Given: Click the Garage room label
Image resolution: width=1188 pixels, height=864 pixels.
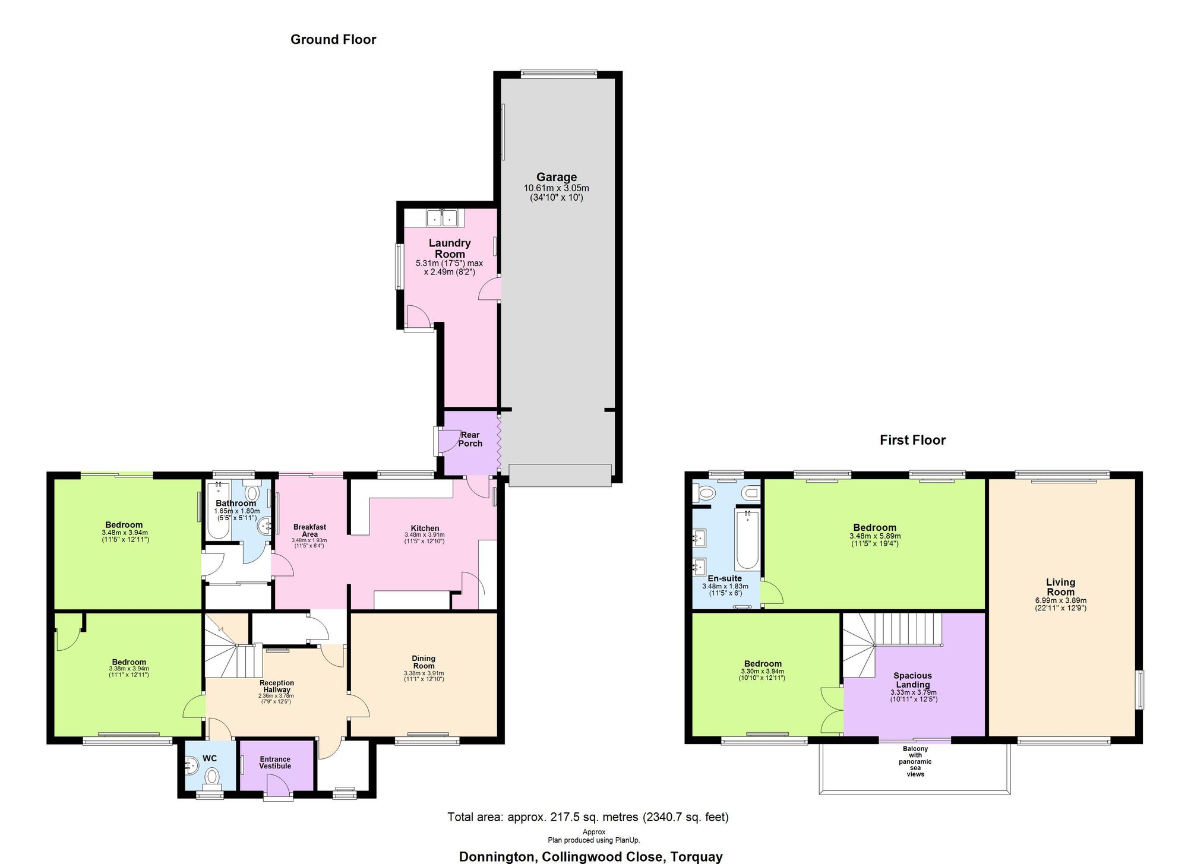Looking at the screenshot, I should pos(557,177).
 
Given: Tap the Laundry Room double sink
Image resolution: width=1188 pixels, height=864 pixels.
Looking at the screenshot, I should pos(443,219).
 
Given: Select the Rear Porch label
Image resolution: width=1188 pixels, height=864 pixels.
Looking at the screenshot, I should pos(470,439).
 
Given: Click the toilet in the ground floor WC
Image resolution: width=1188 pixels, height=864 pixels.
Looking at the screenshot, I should pos(211,776).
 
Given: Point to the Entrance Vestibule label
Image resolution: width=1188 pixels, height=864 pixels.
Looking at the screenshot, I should pos(275,762).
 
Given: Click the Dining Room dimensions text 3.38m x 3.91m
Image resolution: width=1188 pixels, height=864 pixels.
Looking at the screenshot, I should pos(424,673).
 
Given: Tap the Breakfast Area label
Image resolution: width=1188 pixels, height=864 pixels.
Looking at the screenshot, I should pos(309,530).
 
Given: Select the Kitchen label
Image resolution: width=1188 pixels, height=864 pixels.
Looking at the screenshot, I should pos(425,528).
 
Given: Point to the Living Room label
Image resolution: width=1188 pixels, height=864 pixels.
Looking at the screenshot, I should pos(1060,587).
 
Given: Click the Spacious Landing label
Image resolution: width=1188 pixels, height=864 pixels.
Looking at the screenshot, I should pos(912,680).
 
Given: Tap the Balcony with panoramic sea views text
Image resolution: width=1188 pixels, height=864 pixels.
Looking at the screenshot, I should pos(915,761).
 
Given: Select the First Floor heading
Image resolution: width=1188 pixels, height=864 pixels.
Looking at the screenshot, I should pos(912,440).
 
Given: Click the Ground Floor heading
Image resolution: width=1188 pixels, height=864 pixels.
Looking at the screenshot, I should pos(333,40).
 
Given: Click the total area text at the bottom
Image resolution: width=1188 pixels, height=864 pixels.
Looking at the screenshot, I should pos(587,817).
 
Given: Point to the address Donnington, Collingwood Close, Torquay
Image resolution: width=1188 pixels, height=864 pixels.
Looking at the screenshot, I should pos(590,856).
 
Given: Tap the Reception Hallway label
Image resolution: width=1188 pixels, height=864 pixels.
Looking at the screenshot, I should pos(276,686).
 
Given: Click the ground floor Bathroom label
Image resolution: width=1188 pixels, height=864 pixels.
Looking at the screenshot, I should pos(236,503).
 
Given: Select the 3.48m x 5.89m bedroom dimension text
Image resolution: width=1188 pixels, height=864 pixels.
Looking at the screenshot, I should pos(874,536).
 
